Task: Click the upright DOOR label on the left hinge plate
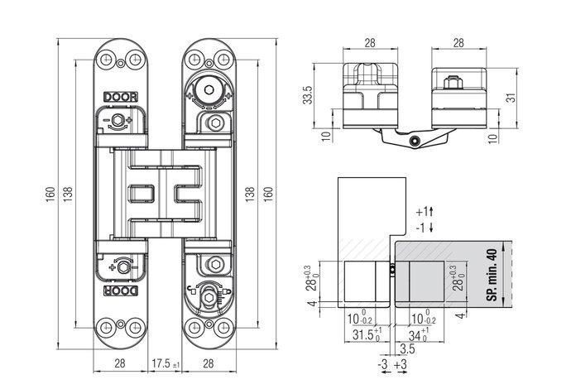[x=121, y=97]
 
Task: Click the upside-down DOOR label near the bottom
[x=121, y=291]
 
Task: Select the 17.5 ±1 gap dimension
[x=166, y=363]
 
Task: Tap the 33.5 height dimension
[x=308, y=95]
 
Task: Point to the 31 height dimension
[x=511, y=98]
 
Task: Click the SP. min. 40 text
[x=492, y=275]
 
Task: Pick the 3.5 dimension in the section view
[x=407, y=348]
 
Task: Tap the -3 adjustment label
[x=382, y=364]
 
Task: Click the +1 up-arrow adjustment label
[x=425, y=211]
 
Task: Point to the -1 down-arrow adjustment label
[x=425, y=228]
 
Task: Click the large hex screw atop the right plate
[x=209, y=89]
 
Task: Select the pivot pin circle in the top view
[x=414, y=141]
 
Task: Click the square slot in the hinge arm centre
[x=142, y=194]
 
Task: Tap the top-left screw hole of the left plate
[x=106, y=59]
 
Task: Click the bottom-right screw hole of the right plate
[x=223, y=328]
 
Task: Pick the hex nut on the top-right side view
[x=453, y=83]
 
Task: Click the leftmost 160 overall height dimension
[x=50, y=193]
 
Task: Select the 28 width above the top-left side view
[x=370, y=43]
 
